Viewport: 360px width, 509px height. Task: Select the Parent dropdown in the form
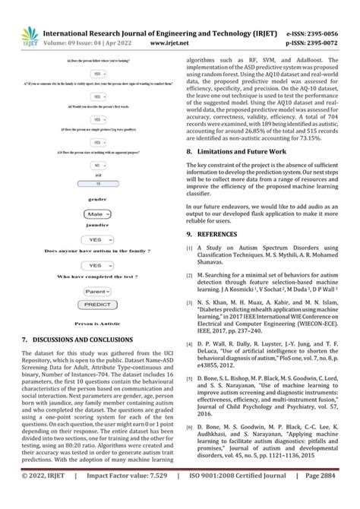(97, 291)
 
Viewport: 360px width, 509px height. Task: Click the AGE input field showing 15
(97, 184)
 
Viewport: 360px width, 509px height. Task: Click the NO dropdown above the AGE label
(97, 164)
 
